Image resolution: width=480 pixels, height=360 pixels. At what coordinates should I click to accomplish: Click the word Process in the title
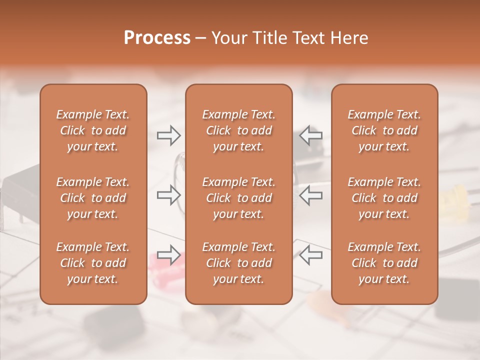click(x=157, y=38)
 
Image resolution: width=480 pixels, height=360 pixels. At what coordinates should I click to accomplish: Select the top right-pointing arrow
click(x=168, y=135)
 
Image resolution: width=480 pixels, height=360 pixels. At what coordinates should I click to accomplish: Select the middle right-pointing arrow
click(x=168, y=194)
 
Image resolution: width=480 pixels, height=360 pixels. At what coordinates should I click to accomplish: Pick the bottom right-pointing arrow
click(x=168, y=254)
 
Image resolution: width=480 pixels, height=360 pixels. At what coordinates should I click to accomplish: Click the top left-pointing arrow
click(x=311, y=135)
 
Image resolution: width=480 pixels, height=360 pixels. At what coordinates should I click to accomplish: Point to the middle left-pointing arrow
click(x=311, y=194)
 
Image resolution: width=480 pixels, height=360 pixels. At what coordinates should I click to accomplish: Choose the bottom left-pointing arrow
click(x=311, y=254)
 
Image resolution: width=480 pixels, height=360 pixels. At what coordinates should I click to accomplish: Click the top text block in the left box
click(x=93, y=130)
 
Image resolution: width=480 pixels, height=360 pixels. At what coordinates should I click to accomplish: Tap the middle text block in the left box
click(x=93, y=198)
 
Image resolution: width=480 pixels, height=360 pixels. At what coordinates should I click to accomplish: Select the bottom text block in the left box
click(x=93, y=263)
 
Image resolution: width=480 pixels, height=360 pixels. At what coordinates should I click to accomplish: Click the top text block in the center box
click(x=239, y=130)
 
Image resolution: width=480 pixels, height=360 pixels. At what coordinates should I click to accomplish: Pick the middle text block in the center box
click(x=239, y=198)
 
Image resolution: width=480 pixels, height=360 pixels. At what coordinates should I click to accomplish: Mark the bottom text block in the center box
click(x=239, y=263)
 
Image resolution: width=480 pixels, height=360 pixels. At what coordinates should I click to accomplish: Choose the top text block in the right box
click(x=384, y=130)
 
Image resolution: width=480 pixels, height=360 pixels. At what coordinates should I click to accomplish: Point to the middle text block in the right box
click(x=384, y=198)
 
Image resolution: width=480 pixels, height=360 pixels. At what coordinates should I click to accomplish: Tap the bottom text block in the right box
click(x=384, y=263)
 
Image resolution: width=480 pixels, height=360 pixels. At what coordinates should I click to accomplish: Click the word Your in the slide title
click(x=228, y=38)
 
